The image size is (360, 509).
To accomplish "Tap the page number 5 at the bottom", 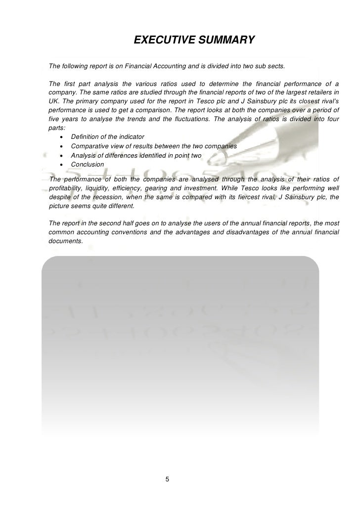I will pos(167,479).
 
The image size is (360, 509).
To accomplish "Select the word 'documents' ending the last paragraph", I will pos(65,242).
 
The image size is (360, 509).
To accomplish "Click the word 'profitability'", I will pos(67,188).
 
